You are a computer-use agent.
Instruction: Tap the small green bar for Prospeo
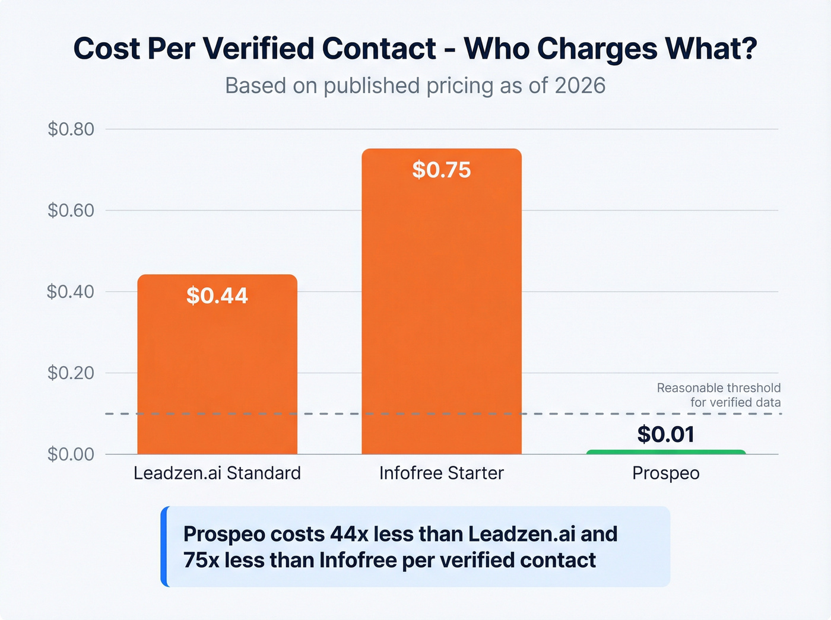click(665, 452)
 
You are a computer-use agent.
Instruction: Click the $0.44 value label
click(217, 295)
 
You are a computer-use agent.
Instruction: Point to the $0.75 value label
click(442, 170)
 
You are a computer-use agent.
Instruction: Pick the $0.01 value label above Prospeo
click(665, 434)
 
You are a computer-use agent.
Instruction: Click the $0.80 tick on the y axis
click(71, 129)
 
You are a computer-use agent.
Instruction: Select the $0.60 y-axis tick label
click(71, 210)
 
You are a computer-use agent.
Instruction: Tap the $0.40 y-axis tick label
click(71, 291)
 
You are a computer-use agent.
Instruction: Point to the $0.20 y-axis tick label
click(71, 373)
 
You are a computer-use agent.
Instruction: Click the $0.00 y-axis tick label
click(71, 454)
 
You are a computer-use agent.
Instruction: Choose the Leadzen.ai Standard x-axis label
click(217, 473)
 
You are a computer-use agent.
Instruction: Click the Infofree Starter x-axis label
click(442, 473)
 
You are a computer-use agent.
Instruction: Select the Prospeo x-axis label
click(665, 473)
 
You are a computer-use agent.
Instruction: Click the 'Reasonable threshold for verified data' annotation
click(719, 395)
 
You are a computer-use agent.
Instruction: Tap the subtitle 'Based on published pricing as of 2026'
click(415, 85)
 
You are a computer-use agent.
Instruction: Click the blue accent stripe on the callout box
click(164, 546)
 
